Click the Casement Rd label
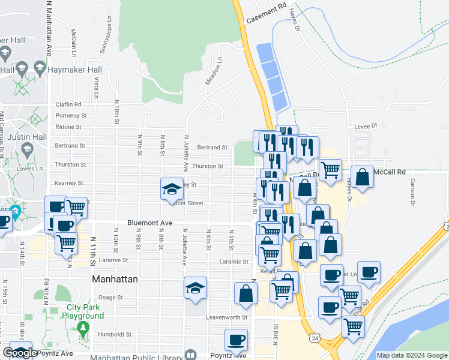pos(267,15)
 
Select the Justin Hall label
pos(26,137)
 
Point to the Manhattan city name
pos(115,279)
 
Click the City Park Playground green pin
pos(82,328)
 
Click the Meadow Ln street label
pos(213,71)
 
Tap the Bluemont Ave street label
pos(149,223)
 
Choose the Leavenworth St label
pos(227,317)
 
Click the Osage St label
pos(110,297)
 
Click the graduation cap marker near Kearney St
pos(172,189)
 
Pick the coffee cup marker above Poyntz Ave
pos(236,340)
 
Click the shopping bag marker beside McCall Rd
pos(363,177)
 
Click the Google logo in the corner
pos(20,353)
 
